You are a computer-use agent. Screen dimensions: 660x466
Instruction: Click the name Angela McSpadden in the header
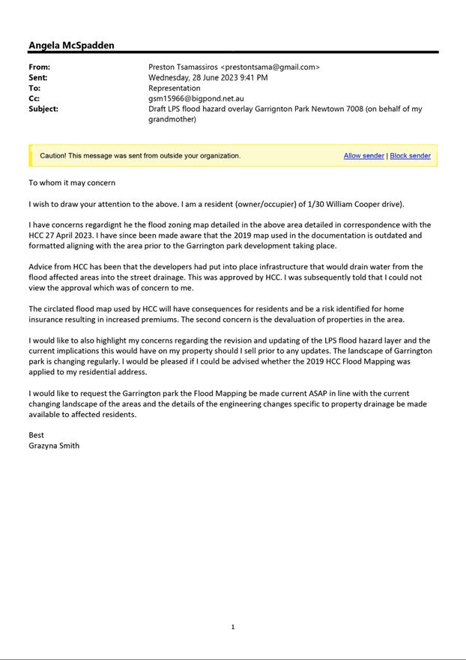pos(71,45)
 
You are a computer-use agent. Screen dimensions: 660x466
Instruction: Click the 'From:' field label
pos(39,67)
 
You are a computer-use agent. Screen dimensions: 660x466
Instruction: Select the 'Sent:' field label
pos(38,77)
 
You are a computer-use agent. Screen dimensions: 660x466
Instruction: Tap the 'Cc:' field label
pos(34,98)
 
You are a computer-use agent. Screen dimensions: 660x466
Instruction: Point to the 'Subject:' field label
pos(43,109)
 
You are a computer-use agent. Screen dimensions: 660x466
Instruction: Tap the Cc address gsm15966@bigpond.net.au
pos(196,98)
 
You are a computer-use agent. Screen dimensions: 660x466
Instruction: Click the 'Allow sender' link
pos(363,156)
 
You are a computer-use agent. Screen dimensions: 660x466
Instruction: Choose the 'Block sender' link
pos(410,156)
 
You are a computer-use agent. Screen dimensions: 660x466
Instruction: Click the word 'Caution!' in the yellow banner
pos(55,156)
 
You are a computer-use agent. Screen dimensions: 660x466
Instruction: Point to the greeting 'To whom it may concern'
pos(72,182)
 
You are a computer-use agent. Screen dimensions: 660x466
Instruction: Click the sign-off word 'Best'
pos(36,435)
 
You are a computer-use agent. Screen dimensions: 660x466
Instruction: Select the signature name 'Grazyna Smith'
pos(54,445)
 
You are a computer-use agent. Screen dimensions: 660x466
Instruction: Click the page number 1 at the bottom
pos(233,627)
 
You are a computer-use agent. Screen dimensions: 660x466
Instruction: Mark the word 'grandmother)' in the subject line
pos(172,119)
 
